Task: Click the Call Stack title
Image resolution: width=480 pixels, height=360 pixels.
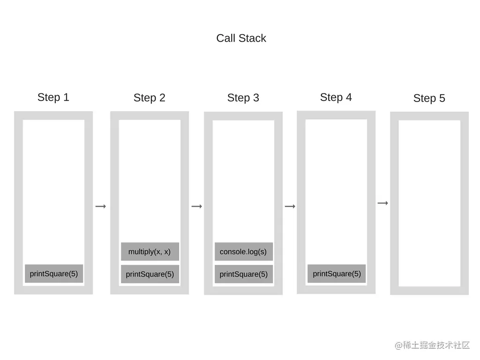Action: click(241, 38)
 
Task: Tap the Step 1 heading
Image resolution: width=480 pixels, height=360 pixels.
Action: click(53, 97)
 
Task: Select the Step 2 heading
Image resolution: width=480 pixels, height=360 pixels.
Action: click(150, 98)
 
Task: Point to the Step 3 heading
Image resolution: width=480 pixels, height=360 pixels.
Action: click(243, 98)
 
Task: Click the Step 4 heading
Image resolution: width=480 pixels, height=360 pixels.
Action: click(336, 97)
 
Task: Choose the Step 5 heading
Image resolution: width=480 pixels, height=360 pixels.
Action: click(429, 98)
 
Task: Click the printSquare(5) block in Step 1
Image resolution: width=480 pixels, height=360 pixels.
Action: click(54, 274)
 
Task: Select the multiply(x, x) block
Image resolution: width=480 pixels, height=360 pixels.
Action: click(150, 252)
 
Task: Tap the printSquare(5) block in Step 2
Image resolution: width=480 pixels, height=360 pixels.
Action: click(150, 274)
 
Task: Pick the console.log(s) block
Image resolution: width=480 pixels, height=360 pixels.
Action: click(244, 252)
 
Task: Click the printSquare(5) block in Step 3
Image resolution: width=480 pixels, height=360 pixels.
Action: click(244, 274)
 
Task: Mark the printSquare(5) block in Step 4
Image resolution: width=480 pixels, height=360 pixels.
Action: click(337, 274)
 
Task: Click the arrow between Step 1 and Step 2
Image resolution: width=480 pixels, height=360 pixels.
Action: click(101, 206)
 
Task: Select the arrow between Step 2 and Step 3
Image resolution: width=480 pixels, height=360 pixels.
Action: click(197, 206)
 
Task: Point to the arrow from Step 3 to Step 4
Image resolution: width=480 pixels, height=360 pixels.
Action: click(290, 206)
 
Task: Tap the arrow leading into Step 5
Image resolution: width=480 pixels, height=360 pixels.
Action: click(383, 203)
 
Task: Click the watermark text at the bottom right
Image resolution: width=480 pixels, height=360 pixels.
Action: click(432, 345)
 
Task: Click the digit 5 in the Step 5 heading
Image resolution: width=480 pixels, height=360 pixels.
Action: click(442, 98)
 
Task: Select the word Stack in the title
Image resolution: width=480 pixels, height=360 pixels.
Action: click(253, 38)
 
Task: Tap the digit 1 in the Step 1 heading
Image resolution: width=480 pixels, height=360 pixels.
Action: click(66, 97)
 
